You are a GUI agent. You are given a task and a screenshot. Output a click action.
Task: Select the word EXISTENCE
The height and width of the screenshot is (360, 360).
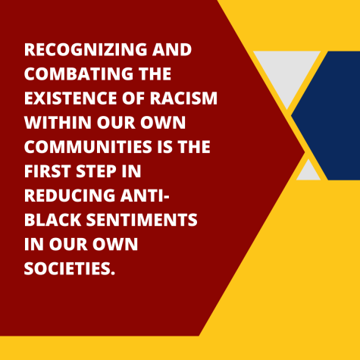coord(70,98)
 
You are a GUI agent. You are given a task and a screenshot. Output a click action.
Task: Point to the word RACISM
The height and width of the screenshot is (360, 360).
coord(183,98)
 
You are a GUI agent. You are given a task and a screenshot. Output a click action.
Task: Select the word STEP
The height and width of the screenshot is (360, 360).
coord(96,171)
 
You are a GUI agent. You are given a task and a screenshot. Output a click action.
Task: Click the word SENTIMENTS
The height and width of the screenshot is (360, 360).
coord(142,220)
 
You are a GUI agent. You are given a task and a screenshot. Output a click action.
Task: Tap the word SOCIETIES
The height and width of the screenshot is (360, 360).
coord(70,268)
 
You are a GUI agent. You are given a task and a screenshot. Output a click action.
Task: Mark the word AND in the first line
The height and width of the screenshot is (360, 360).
coord(172,49)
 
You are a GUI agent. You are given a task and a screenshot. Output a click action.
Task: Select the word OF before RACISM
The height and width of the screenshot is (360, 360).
coord(133,98)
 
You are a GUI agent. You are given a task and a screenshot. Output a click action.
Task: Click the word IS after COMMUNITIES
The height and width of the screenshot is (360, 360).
coord(164,147)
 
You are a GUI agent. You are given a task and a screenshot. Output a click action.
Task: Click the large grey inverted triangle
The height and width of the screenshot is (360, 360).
coord(287,74)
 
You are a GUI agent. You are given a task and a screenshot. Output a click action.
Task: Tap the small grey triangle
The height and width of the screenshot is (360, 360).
coord(308,172)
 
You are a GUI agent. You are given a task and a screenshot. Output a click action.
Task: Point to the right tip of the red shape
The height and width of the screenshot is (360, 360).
coord(305,152)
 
